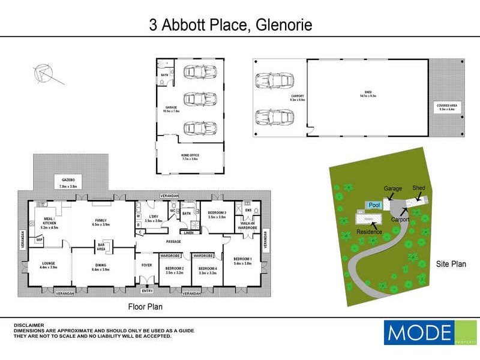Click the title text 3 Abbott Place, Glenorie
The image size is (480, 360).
point(231,25)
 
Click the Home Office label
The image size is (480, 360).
point(190,157)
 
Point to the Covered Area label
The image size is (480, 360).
point(448,107)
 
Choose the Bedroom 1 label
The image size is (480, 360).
point(242,260)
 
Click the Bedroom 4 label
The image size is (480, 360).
point(207,270)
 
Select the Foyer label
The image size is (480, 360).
point(147,263)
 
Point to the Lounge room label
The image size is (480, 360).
point(49,265)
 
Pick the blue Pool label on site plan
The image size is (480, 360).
point(374,205)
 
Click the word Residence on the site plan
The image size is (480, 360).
point(369,231)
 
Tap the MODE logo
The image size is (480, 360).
point(421,332)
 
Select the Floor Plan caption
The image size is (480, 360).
point(145,307)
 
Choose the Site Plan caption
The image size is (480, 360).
point(451,263)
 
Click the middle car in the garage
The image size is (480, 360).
point(197,98)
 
